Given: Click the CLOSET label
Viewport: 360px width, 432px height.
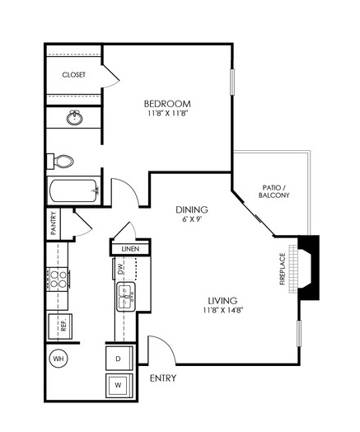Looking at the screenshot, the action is (74, 75).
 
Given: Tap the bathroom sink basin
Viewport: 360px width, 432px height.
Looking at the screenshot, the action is (74, 118).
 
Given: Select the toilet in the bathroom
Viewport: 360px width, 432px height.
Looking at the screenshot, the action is (60, 162).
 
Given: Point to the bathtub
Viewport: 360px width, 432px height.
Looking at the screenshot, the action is (74, 190).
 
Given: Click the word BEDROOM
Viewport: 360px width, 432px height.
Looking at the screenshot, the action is (167, 104).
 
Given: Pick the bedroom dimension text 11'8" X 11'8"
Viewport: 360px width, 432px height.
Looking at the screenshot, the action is (167, 113).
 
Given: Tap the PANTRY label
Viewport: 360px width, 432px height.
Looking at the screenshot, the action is (54, 223).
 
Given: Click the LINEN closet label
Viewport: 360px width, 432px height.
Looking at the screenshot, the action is (130, 249).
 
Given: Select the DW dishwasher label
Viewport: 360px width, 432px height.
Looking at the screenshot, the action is (120, 269).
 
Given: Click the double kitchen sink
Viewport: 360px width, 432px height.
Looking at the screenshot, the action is (126, 297).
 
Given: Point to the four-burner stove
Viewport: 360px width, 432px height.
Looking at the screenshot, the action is (58, 279).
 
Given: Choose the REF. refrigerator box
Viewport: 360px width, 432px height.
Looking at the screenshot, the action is (60, 326).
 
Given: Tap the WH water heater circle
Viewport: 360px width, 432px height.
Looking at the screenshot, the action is (58, 359).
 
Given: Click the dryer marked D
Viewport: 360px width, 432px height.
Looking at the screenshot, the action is (119, 359).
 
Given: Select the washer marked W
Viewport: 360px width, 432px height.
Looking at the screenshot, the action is (119, 386).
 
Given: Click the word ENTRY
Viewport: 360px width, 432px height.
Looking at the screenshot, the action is (163, 378).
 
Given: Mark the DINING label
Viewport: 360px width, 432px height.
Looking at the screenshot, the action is (192, 210).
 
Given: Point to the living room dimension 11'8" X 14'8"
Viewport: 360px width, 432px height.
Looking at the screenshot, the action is (223, 310).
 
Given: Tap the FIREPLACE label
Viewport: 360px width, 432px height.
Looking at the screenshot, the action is (283, 269).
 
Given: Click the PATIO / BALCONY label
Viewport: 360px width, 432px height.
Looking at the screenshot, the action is (274, 191).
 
